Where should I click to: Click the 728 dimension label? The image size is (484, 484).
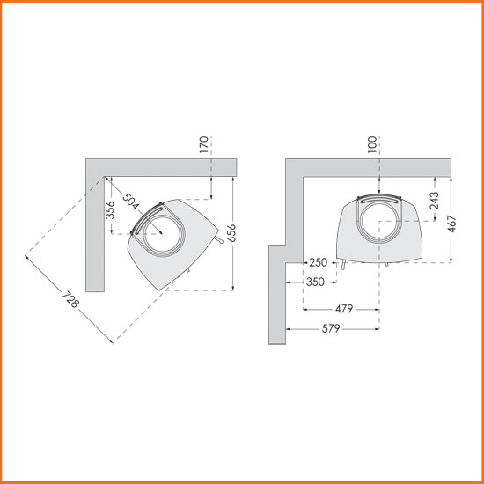click(x=70, y=299)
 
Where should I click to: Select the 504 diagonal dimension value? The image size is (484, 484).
click(x=130, y=202)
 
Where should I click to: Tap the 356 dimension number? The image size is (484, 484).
click(x=110, y=210)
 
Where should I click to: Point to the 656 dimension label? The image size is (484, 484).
click(x=232, y=233)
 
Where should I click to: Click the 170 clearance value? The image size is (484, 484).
click(x=204, y=144)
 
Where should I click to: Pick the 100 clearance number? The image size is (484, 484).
click(x=372, y=144)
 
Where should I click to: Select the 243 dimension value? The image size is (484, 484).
click(x=435, y=201)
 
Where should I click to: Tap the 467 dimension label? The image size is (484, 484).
click(x=451, y=224)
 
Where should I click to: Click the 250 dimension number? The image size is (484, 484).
click(x=318, y=263)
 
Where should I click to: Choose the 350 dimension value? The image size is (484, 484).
click(x=315, y=282)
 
